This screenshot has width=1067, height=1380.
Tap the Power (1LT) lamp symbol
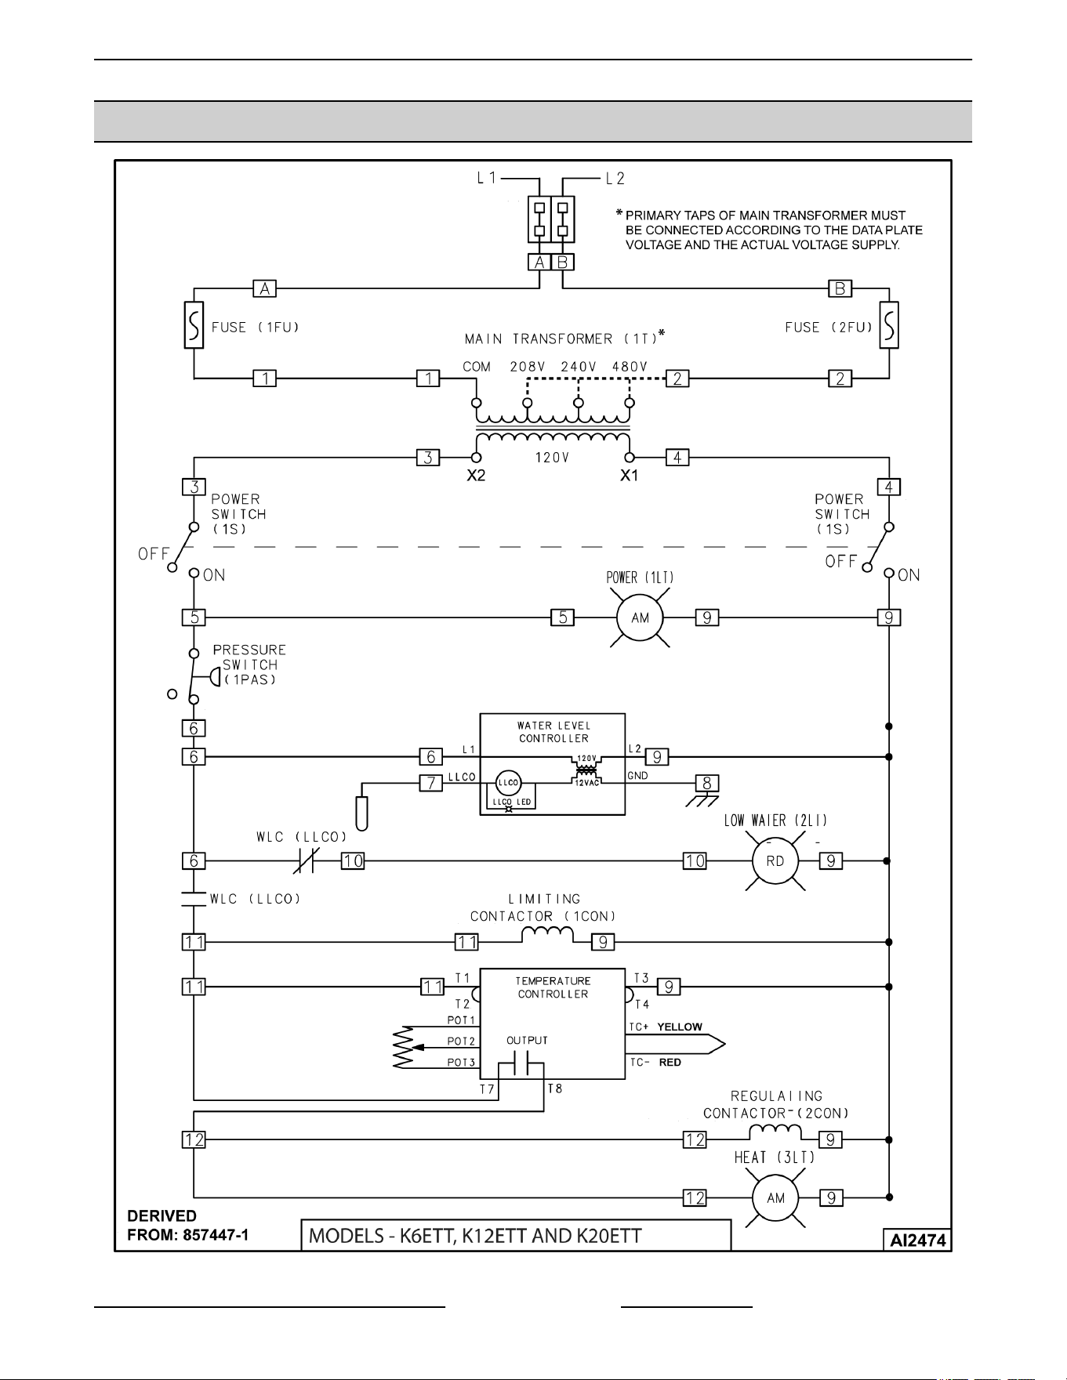[641, 618]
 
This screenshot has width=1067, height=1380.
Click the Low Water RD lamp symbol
[775, 860]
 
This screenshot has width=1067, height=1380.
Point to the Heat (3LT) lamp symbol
[775, 1197]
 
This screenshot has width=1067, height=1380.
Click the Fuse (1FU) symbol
[194, 324]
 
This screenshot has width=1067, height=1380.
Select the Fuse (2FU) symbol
[889, 324]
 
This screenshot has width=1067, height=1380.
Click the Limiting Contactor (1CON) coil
[547, 934]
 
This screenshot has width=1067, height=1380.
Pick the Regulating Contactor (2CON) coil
[775, 1132]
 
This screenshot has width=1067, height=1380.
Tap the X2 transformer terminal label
[476, 476]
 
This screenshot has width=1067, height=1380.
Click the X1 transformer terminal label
[629, 476]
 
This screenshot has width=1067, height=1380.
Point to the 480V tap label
[630, 367]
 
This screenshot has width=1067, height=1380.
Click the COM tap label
[477, 367]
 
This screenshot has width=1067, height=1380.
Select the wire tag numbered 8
[706, 783]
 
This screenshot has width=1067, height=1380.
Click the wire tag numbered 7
[430, 782]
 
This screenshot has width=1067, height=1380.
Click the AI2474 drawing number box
[917, 1241]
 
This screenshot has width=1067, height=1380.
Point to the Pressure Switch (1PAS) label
[249, 665]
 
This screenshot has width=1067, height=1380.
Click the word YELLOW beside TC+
[680, 1027]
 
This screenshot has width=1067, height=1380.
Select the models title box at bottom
[517, 1235]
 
